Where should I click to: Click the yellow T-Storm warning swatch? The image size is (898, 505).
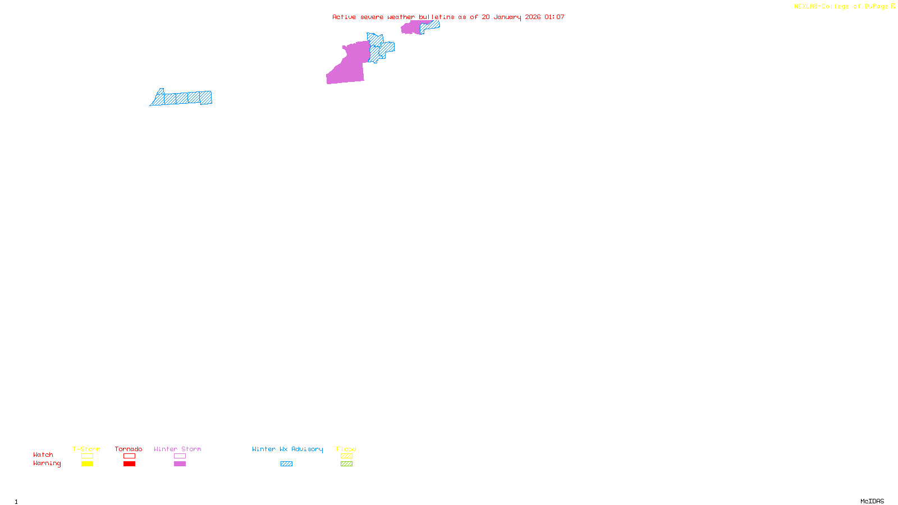pos(87,464)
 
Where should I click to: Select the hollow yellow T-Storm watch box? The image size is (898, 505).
pos(87,456)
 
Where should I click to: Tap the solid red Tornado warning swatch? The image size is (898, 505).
pos(129,464)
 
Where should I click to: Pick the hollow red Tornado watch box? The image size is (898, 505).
pos(129,456)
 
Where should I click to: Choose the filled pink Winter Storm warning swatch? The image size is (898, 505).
pos(180,464)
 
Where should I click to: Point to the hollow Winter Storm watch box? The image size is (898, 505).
pos(180,456)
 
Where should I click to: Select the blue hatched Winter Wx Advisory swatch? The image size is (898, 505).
pos(286,464)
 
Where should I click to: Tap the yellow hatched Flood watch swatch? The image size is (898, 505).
pos(346,456)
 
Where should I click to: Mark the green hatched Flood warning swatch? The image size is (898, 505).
pos(346,464)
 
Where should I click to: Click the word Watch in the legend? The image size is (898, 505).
pos(43,455)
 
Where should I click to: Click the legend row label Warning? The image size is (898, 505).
pos(47,463)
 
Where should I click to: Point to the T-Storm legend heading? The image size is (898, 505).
pos(86,449)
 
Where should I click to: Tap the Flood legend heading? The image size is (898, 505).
pos(346,449)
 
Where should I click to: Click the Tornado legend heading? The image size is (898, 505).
pos(129,449)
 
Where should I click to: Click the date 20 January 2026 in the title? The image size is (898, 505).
pos(511,17)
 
